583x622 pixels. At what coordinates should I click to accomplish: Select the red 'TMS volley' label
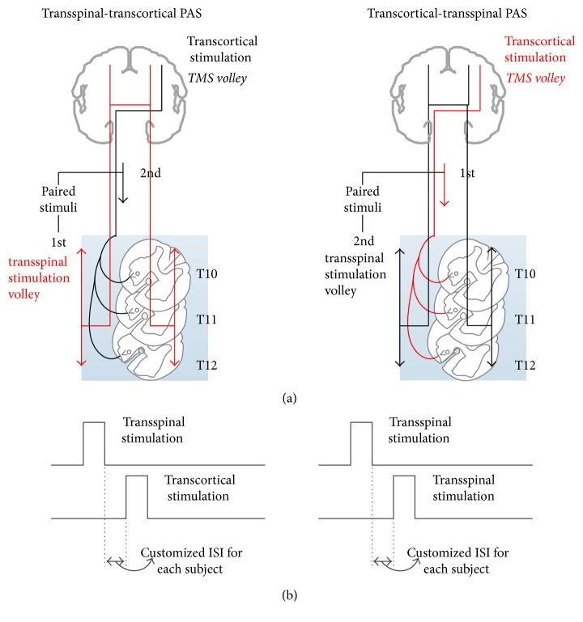(x=532, y=77)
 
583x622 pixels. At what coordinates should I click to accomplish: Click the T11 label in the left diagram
(x=208, y=319)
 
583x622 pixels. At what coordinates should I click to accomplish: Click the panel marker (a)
(x=291, y=396)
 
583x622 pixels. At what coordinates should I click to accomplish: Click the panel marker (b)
(x=291, y=599)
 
